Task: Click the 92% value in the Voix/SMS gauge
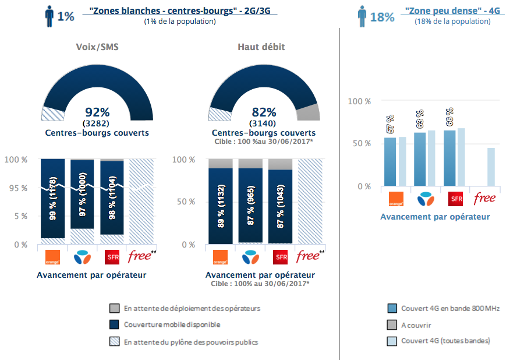(97, 112)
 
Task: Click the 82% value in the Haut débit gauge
(264, 112)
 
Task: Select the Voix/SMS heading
(97, 47)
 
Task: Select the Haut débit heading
(261, 47)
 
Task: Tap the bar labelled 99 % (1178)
(52, 198)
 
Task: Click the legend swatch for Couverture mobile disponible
(114, 324)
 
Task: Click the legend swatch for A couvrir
(391, 324)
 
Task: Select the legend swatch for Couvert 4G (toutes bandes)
(391, 341)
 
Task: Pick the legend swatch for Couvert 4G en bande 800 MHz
(391, 308)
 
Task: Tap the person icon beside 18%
(362, 16)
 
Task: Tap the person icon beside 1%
(49, 16)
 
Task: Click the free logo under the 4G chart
(485, 198)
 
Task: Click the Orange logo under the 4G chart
(395, 198)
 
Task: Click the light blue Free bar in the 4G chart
(491, 167)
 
